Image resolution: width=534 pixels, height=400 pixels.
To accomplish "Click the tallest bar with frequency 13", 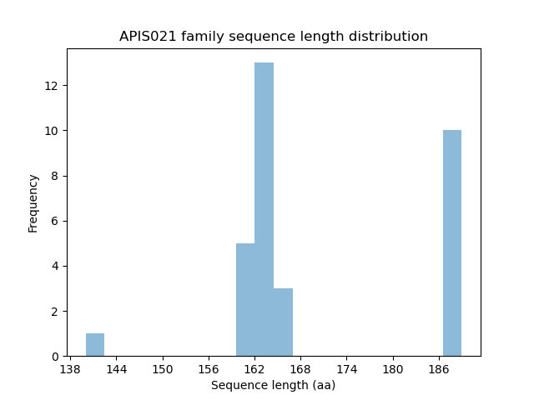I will click(264, 209).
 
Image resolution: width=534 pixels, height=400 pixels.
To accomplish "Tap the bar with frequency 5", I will click(245, 300).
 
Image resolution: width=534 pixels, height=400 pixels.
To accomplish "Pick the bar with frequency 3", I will click(283, 322).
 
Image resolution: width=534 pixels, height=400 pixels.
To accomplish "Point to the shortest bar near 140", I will click(95, 345).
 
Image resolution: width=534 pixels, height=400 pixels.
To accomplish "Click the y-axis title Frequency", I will click(33, 202).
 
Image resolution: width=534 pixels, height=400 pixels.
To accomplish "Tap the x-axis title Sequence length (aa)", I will click(273, 385).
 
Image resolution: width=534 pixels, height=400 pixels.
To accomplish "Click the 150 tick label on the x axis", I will click(162, 368).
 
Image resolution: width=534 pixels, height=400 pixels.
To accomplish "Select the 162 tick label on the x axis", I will click(254, 368).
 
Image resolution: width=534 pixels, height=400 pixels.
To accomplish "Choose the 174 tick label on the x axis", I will click(346, 368).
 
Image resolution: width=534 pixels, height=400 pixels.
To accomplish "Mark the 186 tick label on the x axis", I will click(439, 368).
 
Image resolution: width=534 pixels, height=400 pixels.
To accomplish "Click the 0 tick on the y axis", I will click(56, 356).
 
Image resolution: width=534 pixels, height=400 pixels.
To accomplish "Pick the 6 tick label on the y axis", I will click(56, 221).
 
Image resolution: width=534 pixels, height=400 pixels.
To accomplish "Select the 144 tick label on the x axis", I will click(116, 368).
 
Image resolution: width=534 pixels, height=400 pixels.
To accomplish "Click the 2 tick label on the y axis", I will click(56, 311).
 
